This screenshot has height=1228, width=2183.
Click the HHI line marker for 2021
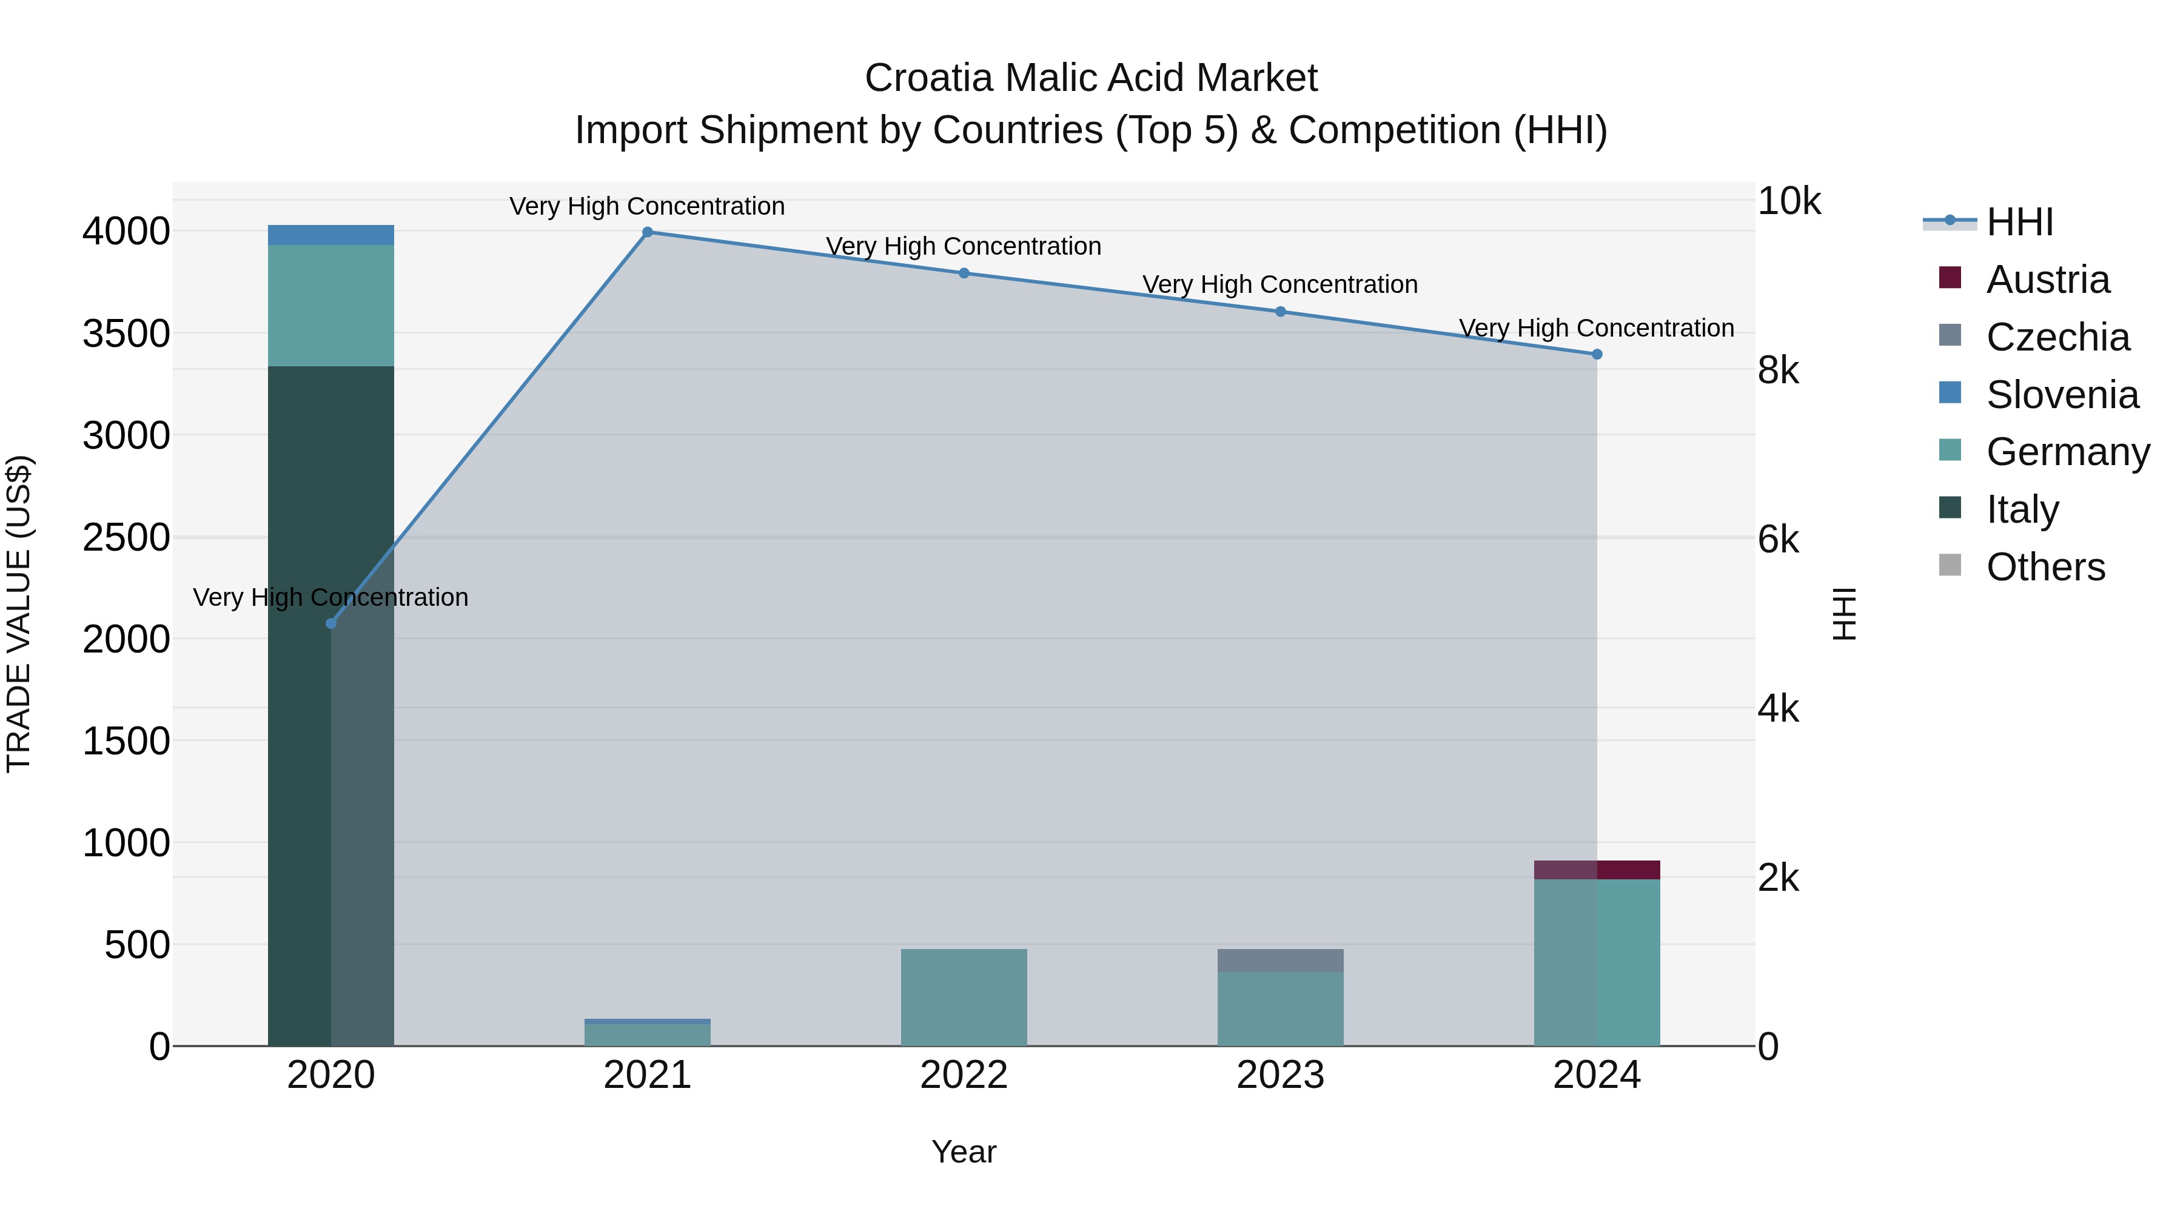coord(648,232)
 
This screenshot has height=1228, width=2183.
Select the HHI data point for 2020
coord(331,624)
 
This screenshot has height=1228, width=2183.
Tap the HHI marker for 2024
coord(1597,354)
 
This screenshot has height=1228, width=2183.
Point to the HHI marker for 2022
coord(964,273)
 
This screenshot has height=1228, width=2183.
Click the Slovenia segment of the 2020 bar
coord(331,235)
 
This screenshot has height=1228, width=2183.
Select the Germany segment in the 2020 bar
coord(331,305)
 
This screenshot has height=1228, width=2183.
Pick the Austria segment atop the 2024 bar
coord(1597,870)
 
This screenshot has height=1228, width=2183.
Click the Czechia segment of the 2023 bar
coord(1281,960)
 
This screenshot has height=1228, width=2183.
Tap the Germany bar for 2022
coord(964,998)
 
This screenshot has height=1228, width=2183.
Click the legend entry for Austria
coord(2047,280)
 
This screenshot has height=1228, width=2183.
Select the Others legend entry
coord(2044,567)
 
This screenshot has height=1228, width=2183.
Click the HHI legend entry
coord(2019,222)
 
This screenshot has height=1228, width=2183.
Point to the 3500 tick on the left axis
coord(126,333)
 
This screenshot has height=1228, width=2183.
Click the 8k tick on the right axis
coord(1778,371)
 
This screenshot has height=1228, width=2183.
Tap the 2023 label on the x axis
coord(1281,1075)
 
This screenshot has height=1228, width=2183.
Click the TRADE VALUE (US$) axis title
coord(19,614)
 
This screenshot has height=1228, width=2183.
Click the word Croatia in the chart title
coord(928,78)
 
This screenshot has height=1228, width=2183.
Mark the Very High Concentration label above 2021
coord(648,206)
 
